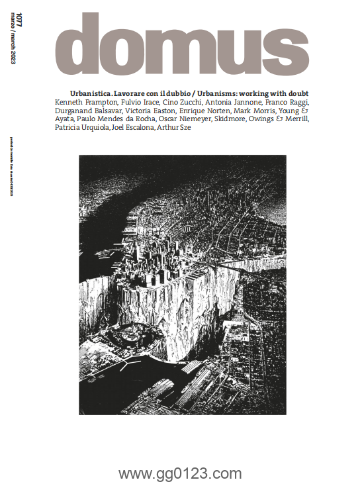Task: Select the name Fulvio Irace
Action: [x=135, y=104]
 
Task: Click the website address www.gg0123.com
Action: [x=180, y=473]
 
